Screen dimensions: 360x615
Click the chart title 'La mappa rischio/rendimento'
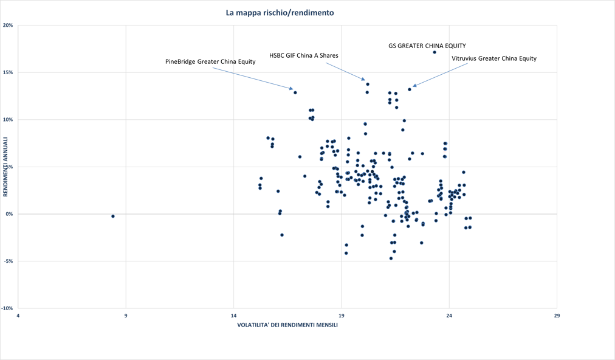click(280, 13)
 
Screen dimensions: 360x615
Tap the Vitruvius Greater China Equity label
click(494, 58)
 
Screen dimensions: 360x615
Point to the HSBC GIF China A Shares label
click(303, 55)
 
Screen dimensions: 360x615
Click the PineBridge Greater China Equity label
click(210, 61)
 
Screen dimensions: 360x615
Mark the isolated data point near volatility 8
click(113, 216)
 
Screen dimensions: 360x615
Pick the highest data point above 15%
click(435, 52)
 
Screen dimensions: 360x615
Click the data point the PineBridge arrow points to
click(295, 92)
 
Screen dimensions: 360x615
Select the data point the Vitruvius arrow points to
click(410, 89)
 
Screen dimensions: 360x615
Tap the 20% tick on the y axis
click(8, 26)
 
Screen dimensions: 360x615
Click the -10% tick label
click(7, 308)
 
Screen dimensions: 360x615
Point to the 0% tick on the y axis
click(9, 214)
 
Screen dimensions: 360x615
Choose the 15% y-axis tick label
click(8, 72)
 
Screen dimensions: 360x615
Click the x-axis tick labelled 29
click(557, 316)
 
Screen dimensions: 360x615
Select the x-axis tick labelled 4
click(18, 316)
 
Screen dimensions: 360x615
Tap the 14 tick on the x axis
click(233, 316)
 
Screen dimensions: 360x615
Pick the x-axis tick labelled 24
click(449, 316)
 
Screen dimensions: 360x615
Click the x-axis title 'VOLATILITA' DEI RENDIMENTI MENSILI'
click(287, 325)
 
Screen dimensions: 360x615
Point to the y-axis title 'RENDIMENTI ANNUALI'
click(5, 167)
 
